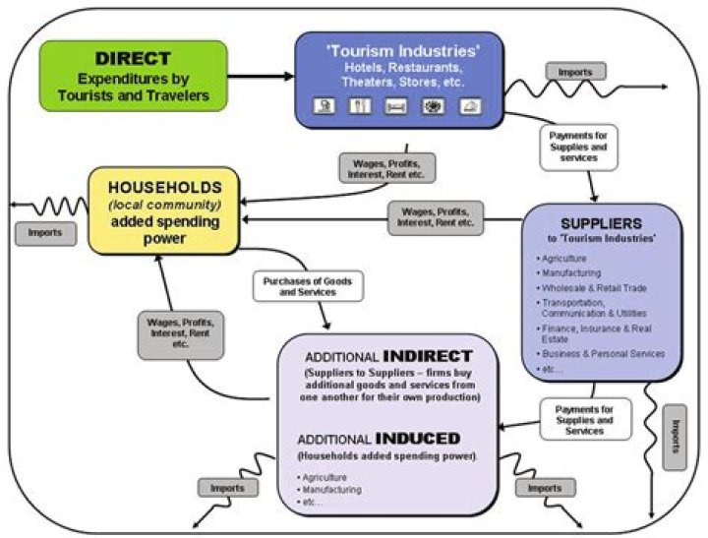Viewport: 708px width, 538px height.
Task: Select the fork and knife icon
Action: pos(360,106)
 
